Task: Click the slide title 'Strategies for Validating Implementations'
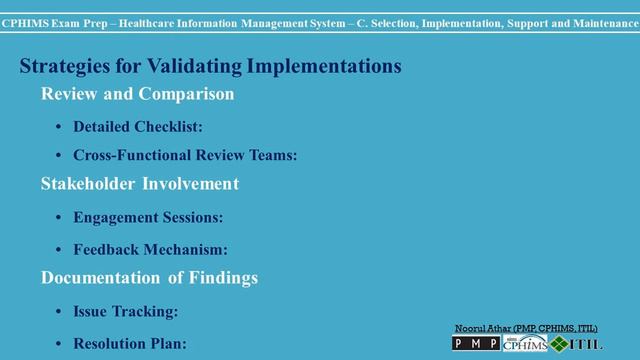[211, 67]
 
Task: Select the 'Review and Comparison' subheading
[137, 95]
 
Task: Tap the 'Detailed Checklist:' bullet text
[138, 127]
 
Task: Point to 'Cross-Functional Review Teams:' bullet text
[185, 155]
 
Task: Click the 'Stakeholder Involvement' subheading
[139, 184]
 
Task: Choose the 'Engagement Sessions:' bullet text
[148, 216]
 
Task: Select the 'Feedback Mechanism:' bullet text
[150, 249]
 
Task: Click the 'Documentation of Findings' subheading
[149, 277]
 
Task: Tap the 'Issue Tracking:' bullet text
[125, 311]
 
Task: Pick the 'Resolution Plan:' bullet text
[129, 343]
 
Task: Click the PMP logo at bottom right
[476, 344]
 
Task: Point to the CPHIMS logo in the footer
[526, 344]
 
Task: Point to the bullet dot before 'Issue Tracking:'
[59, 312]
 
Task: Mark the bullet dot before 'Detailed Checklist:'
[59, 128]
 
